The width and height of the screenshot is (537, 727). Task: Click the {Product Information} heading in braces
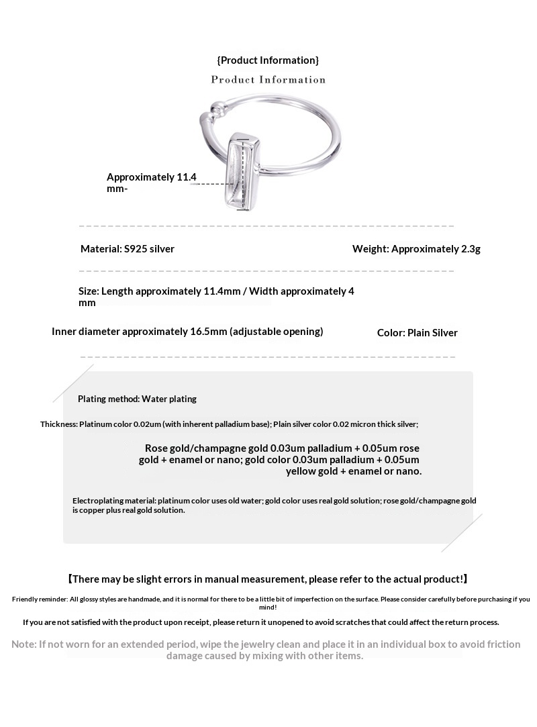268,60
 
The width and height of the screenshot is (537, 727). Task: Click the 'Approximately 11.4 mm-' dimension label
151,183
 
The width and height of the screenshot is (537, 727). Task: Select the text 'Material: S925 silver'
128,249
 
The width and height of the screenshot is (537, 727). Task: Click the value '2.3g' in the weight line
471,249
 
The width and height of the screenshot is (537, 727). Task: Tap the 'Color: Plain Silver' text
417,333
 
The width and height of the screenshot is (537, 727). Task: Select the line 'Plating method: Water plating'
137,399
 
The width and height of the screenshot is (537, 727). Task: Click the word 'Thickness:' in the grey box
59,424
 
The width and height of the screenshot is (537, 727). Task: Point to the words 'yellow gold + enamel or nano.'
354,471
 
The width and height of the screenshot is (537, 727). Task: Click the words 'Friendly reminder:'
39,599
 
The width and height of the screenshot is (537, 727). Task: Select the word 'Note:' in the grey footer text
24,644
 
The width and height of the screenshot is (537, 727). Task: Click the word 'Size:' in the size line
89,291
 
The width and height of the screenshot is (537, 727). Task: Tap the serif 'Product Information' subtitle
268,80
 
